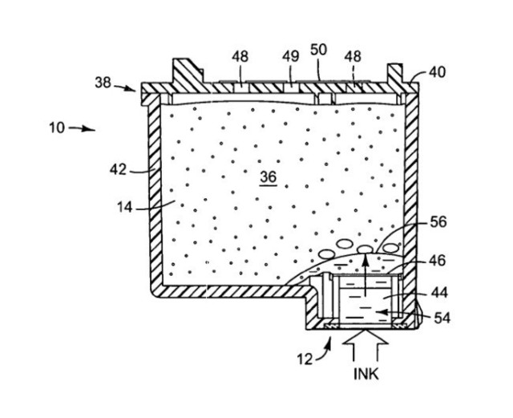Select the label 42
click(119, 169)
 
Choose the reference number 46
click(438, 260)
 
